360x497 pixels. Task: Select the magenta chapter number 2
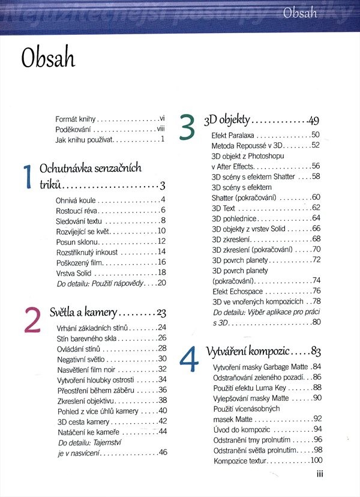tap(32, 320)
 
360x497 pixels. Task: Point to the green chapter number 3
tap(187, 127)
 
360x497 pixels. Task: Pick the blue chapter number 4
tap(188, 359)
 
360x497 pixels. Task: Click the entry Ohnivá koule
tap(76, 199)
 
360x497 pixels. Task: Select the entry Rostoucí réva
tap(77, 210)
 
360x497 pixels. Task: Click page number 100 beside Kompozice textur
tap(316, 460)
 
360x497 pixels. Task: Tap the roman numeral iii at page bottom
tap(320, 474)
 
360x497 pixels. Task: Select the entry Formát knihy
tap(75, 119)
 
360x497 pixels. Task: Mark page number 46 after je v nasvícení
tap(162, 452)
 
